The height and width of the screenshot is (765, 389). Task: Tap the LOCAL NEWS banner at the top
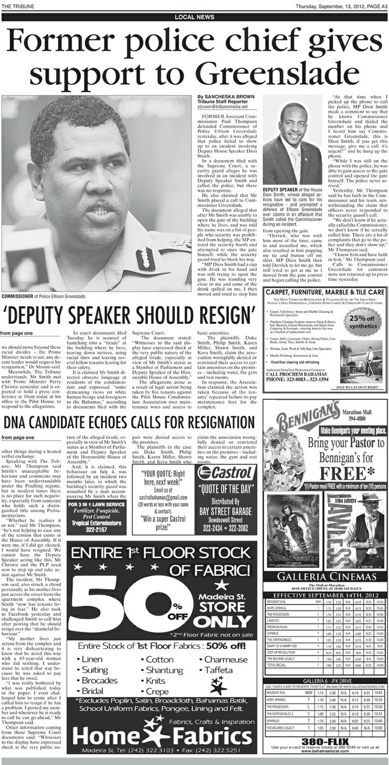click(194, 17)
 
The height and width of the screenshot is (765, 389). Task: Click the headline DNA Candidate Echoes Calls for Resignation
click(128, 421)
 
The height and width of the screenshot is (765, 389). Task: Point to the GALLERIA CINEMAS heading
click(325, 576)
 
